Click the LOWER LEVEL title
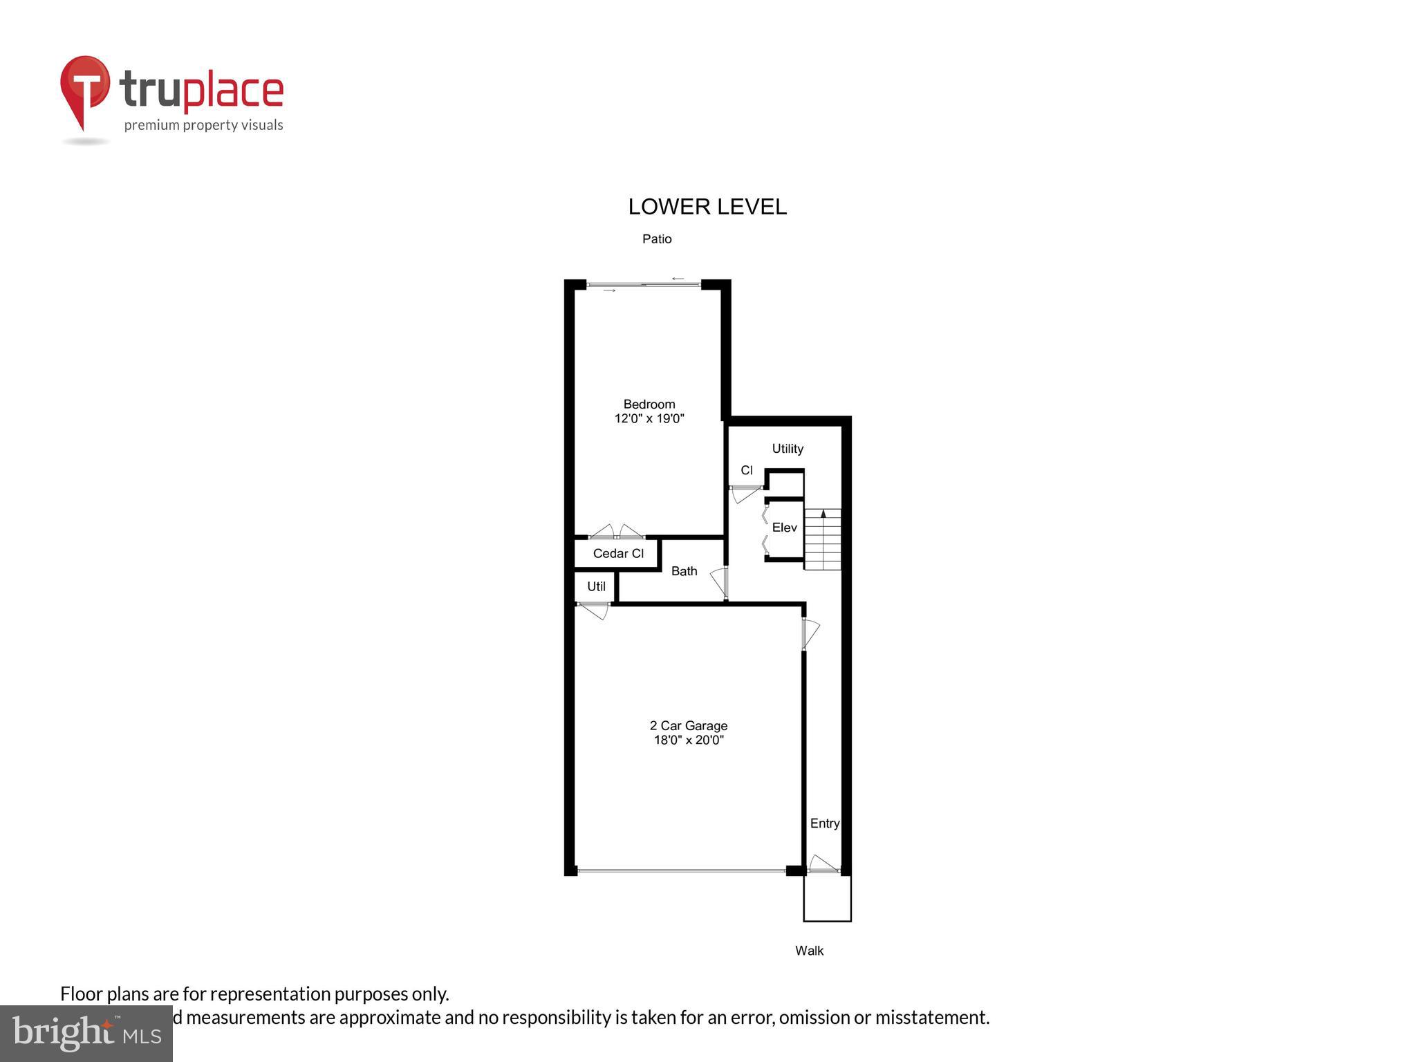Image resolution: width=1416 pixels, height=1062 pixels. pyautogui.click(x=707, y=207)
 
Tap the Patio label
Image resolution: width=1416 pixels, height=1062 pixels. pyautogui.click(x=657, y=239)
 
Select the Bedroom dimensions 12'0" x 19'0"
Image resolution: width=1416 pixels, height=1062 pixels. pyautogui.click(x=649, y=418)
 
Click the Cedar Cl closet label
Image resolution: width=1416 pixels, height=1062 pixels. pyautogui.click(x=618, y=553)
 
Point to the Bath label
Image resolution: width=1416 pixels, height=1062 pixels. pyautogui.click(x=684, y=571)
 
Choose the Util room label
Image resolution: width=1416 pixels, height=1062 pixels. pyautogui.click(x=596, y=587)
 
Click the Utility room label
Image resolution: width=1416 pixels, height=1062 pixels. pyautogui.click(x=788, y=449)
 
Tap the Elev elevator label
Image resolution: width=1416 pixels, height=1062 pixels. pyautogui.click(x=784, y=528)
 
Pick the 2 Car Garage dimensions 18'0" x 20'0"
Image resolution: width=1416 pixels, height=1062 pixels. pyautogui.click(x=689, y=740)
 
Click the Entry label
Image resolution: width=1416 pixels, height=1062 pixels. pyautogui.click(x=824, y=823)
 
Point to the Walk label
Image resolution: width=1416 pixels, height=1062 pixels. pyautogui.click(x=809, y=951)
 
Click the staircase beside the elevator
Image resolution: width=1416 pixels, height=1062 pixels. pyautogui.click(x=823, y=539)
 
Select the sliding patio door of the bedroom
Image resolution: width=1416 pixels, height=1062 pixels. pyautogui.click(x=644, y=284)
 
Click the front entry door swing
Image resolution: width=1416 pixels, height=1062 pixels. pyautogui.click(x=823, y=864)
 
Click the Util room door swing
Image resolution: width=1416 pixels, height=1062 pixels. pyautogui.click(x=594, y=610)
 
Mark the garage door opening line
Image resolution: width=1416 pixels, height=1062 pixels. pyautogui.click(x=681, y=870)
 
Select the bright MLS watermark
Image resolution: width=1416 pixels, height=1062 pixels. pyautogui.click(x=86, y=1034)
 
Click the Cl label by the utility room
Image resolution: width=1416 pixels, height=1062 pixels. pyautogui.click(x=747, y=470)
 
